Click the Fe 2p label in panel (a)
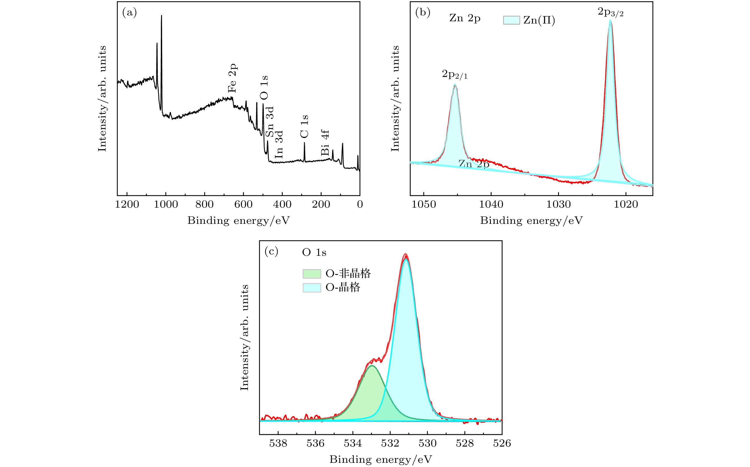tap(232, 78)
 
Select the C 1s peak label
tap(304, 126)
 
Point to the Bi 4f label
tap(325, 142)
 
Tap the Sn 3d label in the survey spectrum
tap(270, 122)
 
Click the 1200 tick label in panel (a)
tap(127, 205)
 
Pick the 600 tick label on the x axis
tap(243, 205)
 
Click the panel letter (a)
tap(129, 12)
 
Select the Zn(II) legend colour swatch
tap(511, 20)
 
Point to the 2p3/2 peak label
tap(610, 12)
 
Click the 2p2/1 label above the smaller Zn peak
tap(454, 74)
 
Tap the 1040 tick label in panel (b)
tap(491, 205)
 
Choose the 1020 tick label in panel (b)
tap(626, 205)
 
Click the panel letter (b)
tap(422, 12)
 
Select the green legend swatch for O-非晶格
tap(312, 274)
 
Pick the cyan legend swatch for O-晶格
tap(312, 288)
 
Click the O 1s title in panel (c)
tap(314, 253)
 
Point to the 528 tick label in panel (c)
tap(465, 443)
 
